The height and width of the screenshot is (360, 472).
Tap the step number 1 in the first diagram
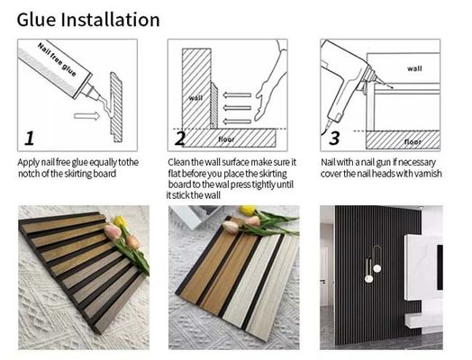pos(31,138)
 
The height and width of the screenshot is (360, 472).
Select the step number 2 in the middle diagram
pos(180,138)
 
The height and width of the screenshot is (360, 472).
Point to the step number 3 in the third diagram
pos(334,138)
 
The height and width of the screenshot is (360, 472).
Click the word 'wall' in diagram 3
pos(413,67)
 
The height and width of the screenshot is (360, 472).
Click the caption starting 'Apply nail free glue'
pos(78,167)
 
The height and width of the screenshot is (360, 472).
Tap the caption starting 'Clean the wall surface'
pos(230,179)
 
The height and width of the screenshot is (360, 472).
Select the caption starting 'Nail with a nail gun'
pos(381,167)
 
